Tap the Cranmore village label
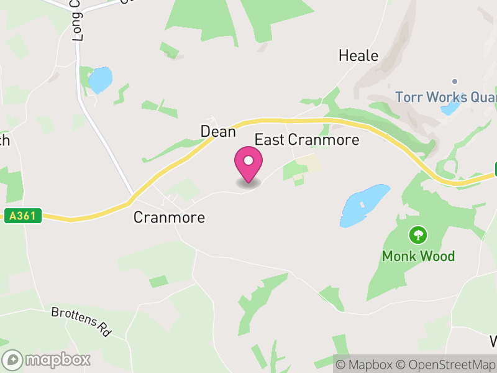[x=169, y=218]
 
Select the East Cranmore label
[x=307, y=139]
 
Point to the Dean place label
[x=218, y=132]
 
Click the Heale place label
[x=358, y=56]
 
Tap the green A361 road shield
[x=23, y=216]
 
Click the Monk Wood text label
[x=418, y=256]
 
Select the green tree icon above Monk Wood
[x=417, y=235]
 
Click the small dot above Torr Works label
[x=455, y=81]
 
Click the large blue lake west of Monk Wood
[x=363, y=205]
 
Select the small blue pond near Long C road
[x=100, y=80]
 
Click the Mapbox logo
[x=47, y=359]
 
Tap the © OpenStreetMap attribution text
[x=447, y=364]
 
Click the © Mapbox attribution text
[x=366, y=364]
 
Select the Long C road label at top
[x=78, y=22]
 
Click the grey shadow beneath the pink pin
[x=248, y=183]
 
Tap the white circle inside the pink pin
[x=248, y=161]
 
